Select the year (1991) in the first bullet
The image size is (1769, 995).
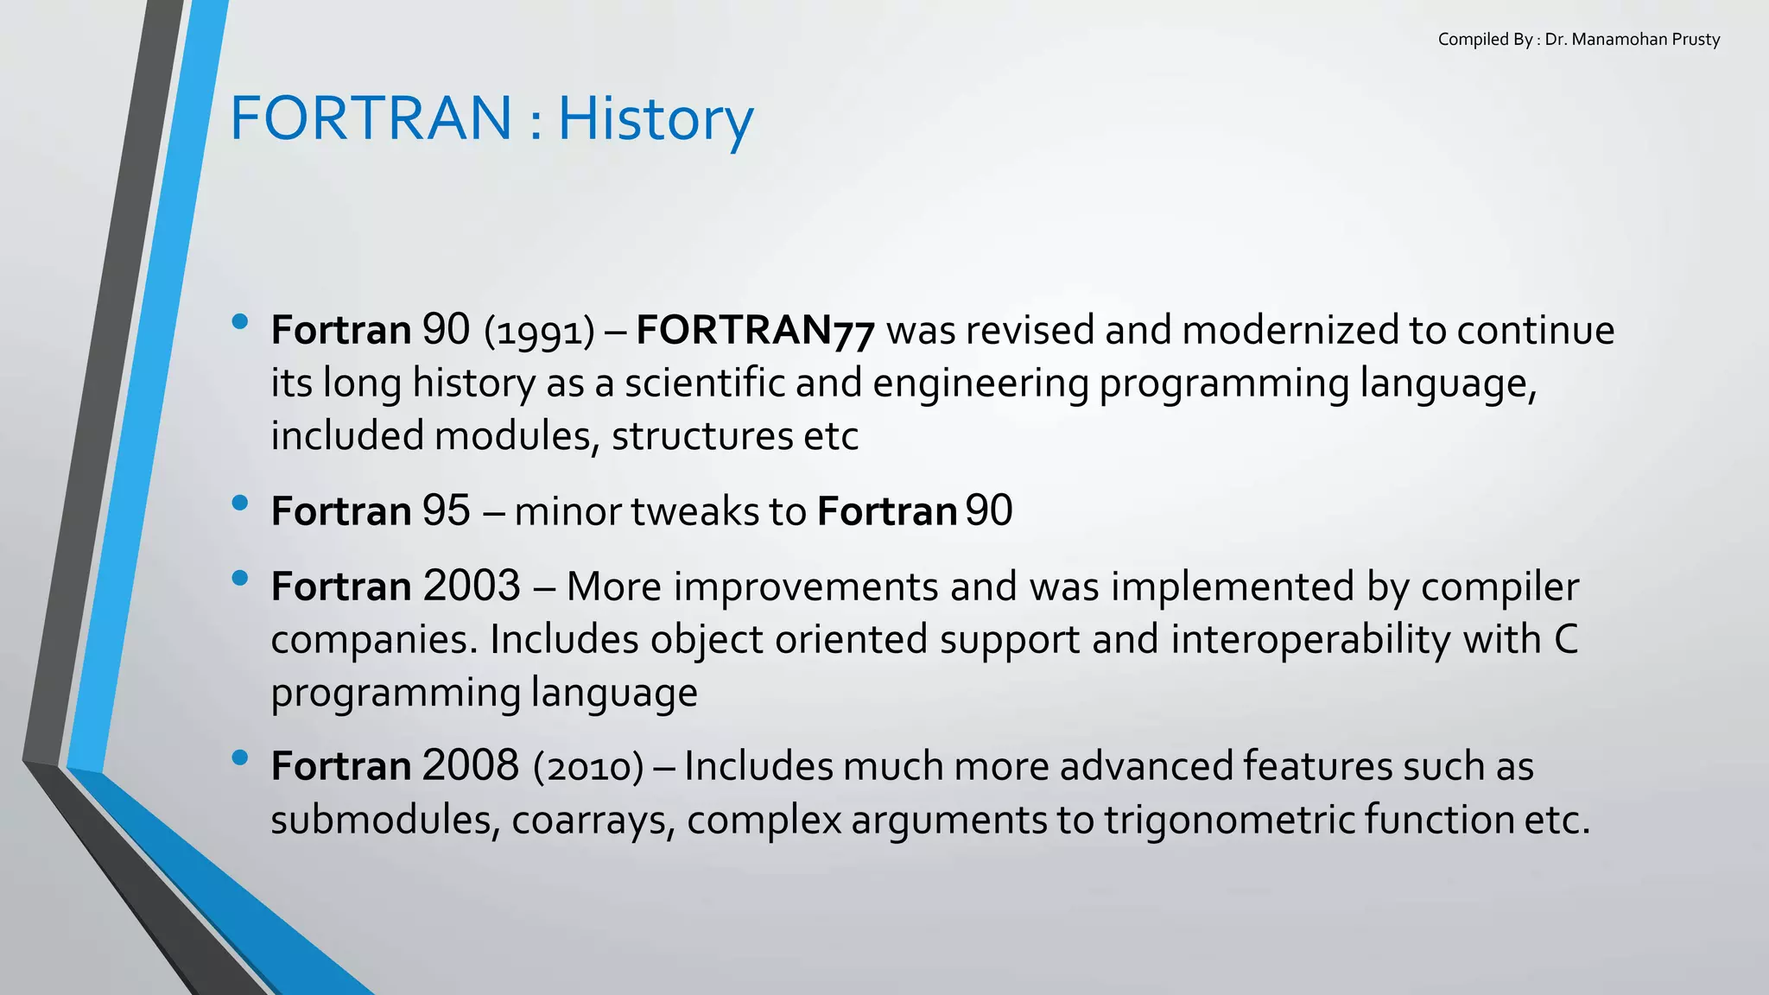[x=540, y=332]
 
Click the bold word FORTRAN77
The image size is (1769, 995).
[x=755, y=331]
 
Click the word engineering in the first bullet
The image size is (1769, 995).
[x=980, y=383]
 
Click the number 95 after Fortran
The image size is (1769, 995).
[x=446, y=511]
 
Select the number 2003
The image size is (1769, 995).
[x=472, y=586]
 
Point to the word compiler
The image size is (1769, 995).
[x=1500, y=586]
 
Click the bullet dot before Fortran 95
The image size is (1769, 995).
[x=240, y=503]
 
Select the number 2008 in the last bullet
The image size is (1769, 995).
[x=471, y=766]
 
